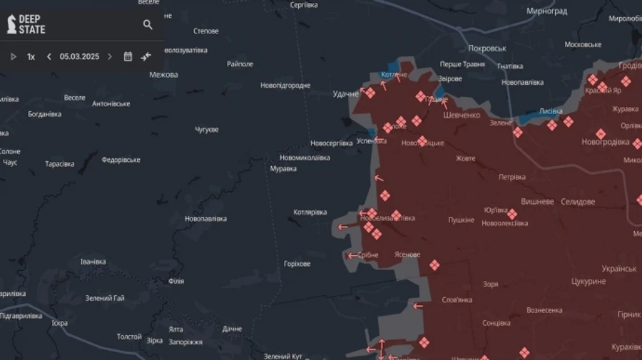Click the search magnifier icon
pos(148,25)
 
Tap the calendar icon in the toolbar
pos(128,56)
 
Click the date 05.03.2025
pos(79,56)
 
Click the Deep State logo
pos(26,25)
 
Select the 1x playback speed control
pos(31,56)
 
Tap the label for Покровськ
pos(487,48)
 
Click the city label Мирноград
pos(546,11)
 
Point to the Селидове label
pos(577,202)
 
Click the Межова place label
pos(164,74)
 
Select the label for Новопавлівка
pos(205,218)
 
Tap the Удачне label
pos(346,93)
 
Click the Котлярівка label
pos(310,212)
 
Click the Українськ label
pos(619,269)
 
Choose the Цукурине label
pos(588,282)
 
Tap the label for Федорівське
pos(121,160)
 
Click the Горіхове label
pos(297,264)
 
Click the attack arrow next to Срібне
pos(352,255)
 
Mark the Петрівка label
pos(511,177)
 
